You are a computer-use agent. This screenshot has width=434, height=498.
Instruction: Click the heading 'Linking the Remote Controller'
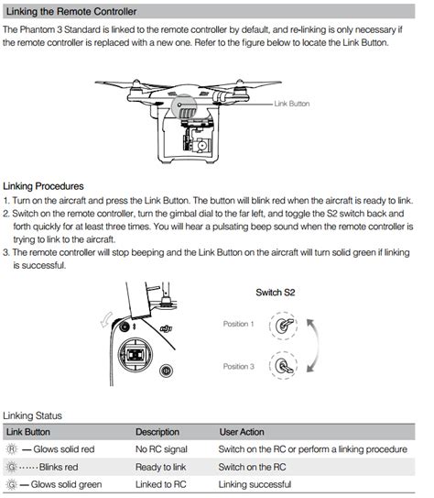71,12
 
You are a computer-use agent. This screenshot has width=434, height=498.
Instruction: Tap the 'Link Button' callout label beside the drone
292,104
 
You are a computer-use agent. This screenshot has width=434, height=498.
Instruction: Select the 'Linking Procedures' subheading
43,186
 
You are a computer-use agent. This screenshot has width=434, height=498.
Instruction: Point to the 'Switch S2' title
276,293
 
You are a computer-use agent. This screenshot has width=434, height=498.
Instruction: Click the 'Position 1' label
238,324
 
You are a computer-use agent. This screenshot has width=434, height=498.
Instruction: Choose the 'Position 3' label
239,367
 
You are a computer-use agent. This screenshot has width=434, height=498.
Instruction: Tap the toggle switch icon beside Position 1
284,326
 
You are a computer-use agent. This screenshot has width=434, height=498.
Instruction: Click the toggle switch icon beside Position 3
284,365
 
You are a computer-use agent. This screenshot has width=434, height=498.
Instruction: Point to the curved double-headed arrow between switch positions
318,346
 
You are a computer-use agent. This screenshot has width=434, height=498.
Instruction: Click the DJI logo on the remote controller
166,328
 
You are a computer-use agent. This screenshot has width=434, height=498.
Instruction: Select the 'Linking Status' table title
32,415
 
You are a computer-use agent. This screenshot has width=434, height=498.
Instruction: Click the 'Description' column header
157,432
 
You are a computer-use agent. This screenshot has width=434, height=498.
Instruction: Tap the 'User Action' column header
242,432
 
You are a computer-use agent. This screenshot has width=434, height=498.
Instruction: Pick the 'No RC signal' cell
161,449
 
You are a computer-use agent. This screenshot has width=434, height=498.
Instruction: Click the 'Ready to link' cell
161,467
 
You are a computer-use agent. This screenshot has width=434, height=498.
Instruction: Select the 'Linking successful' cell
255,484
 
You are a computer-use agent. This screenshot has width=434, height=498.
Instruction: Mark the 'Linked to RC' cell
161,484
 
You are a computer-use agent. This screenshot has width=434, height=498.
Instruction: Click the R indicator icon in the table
12,449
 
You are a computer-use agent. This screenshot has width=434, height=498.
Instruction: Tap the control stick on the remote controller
135,354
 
